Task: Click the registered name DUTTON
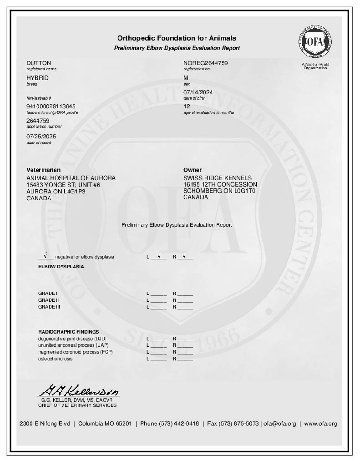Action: click(39, 63)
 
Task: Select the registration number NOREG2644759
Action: click(205, 63)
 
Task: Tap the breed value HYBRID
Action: click(37, 78)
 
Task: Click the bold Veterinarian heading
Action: click(43, 170)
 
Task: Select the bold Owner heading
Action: click(193, 170)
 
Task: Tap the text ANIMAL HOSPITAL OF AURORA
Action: click(71, 178)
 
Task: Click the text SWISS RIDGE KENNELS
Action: click(218, 178)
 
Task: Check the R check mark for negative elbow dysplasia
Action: click(185, 256)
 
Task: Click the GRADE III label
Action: click(49, 307)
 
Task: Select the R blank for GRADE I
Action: click(185, 294)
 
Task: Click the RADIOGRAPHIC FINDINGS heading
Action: click(68, 332)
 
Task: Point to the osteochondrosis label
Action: click(55, 359)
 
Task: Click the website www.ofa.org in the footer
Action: click(320, 424)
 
